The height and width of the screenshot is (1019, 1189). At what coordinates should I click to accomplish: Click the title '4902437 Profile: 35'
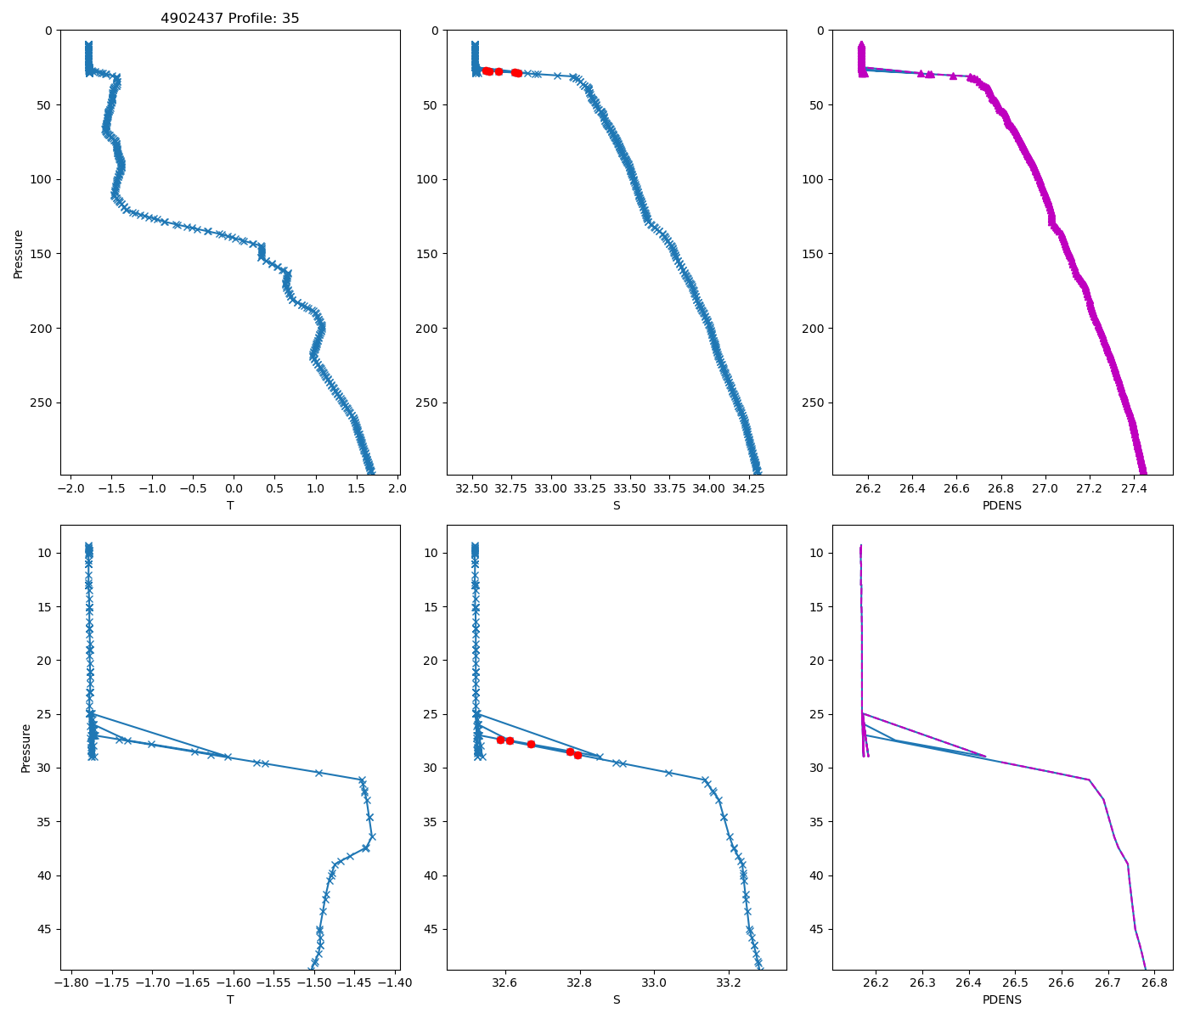pyautogui.click(x=230, y=18)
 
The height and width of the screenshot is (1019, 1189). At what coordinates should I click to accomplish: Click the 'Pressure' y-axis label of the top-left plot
pyautogui.click(x=19, y=253)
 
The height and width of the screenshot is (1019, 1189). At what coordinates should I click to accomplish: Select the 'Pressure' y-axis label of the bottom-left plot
pyautogui.click(x=26, y=748)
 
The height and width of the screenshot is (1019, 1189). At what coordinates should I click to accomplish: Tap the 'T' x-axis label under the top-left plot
pyautogui.click(x=230, y=505)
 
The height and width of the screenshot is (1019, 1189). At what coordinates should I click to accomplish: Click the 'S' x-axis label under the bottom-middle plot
pyautogui.click(x=617, y=999)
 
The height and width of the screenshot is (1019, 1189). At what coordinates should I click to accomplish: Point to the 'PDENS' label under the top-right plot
pyautogui.click(x=1002, y=505)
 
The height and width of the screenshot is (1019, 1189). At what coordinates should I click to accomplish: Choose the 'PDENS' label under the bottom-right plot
pyautogui.click(x=1002, y=999)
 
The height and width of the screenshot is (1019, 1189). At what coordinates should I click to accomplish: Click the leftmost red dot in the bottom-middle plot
pyautogui.click(x=500, y=740)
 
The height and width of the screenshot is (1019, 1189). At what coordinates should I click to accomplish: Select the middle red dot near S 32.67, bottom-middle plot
pyautogui.click(x=531, y=744)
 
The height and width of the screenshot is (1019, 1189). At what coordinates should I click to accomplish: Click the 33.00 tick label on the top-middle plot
pyautogui.click(x=551, y=488)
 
